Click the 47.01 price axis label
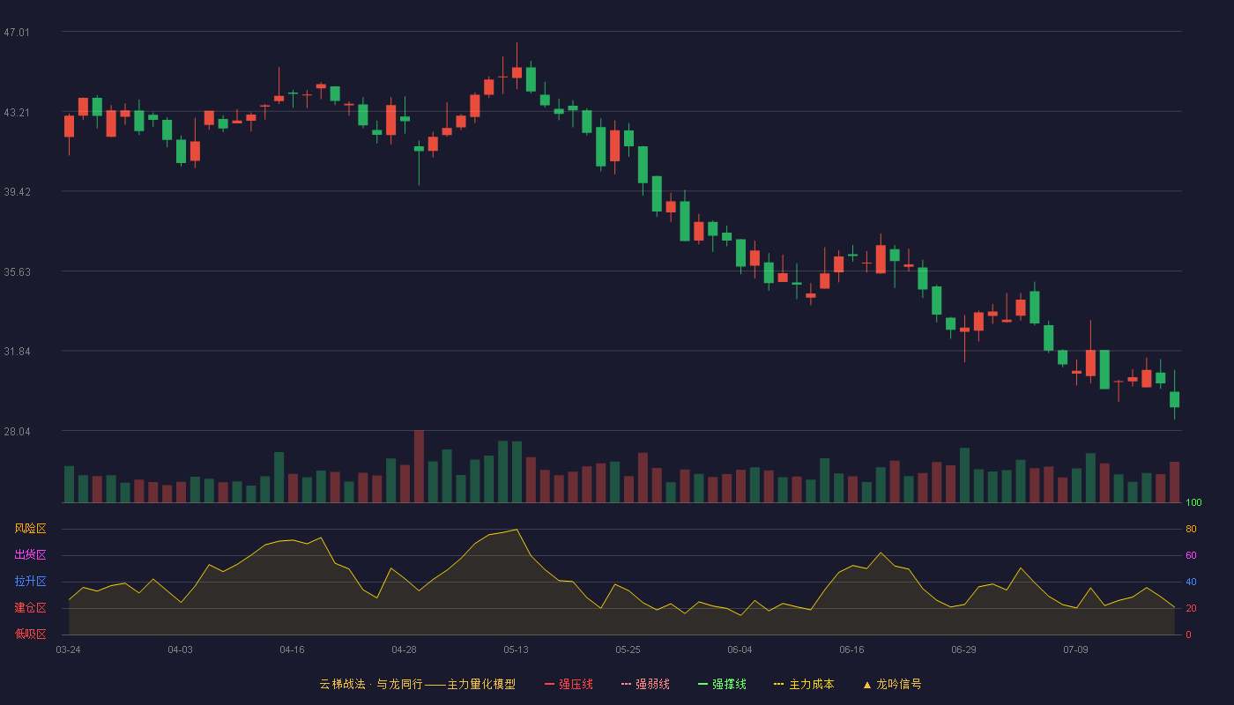(17, 33)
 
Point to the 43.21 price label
(17, 113)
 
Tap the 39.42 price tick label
(17, 192)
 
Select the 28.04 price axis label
(17, 431)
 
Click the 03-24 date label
(69, 650)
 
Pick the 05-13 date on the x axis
(516, 650)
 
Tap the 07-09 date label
(1075, 650)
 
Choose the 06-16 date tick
(851, 650)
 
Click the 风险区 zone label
(30, 529)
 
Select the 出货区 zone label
(30, 554)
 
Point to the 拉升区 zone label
(30, 581)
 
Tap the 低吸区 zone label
(30, 634)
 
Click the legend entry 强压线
(569, 684)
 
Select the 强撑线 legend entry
(722, 684)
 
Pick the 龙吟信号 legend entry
(892, 684)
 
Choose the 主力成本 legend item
(804, 684)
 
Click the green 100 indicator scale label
(1193, 502)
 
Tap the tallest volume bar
(420, 466)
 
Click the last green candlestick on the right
(1174, 395)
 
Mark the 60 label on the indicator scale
(1191, 555)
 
